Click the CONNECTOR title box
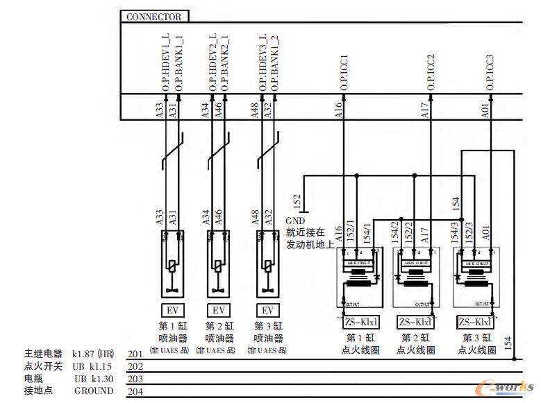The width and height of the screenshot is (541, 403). (154, 17)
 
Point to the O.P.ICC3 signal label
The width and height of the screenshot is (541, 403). (490, 72)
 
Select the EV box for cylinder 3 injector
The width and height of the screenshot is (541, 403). (267, 310)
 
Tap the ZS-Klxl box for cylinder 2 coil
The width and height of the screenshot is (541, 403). (415, 322)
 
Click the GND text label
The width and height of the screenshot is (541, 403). (295, 220)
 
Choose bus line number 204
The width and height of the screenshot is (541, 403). (135, 391)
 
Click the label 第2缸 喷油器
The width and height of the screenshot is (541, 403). (219, 332)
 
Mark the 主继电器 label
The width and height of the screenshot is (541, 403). (43, 354)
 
